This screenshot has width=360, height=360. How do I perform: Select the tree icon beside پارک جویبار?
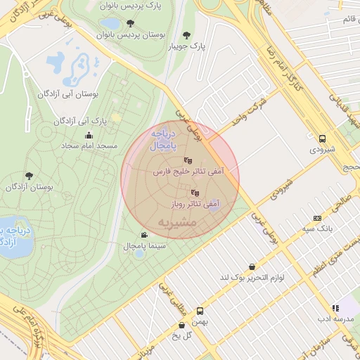point(186,34)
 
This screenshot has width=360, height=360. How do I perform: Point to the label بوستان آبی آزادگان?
point(67,93)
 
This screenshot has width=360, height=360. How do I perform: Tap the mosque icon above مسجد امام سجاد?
point(89,136)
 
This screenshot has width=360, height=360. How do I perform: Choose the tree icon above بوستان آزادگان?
point(29,176)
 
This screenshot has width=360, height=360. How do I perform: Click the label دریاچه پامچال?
point(162,139)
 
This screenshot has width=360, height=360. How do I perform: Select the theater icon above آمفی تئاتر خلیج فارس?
point(188,160)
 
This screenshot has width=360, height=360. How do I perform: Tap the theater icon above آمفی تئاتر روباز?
point(195,192)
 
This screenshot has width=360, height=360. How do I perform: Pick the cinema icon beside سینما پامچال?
point(144,235)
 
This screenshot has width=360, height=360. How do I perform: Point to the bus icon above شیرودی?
point(322,139)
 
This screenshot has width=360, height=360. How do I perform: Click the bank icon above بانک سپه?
point(317,218)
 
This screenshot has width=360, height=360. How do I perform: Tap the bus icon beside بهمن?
point(200,310)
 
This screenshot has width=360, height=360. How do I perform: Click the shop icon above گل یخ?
point(183,325)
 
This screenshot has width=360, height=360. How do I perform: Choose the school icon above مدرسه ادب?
point(335,307)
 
